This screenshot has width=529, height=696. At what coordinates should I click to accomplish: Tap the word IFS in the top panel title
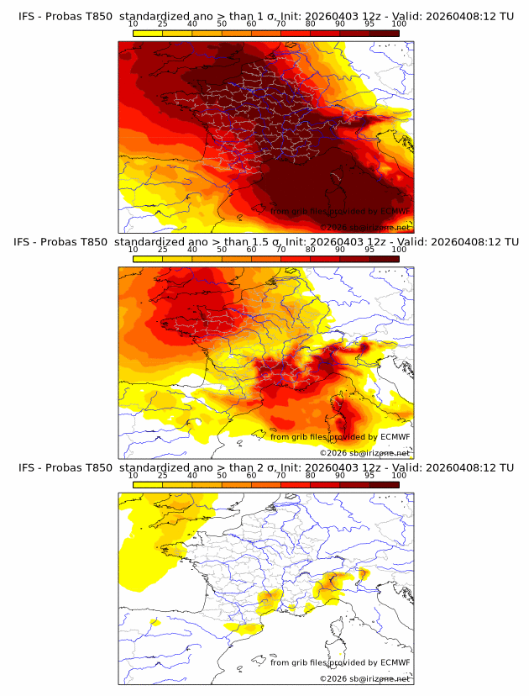click(x=28, y=16)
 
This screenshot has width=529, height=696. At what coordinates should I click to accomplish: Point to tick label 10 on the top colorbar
click(x=134, y=24)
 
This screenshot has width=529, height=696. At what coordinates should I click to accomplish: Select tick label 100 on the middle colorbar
click(x=399, y=250)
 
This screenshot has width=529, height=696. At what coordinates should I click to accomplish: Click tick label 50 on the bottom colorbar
click(x=222, y=475)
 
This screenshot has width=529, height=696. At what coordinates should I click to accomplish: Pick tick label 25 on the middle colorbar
click(x=163, y=250)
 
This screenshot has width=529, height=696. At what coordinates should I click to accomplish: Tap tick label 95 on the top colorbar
click(x=369, y=24)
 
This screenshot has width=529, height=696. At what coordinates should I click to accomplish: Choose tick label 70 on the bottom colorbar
click(x=280, y=475)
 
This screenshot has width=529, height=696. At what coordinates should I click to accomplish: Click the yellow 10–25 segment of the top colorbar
click(x=148, y=33)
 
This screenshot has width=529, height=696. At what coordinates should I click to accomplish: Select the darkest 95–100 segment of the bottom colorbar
click(x=384, y=484)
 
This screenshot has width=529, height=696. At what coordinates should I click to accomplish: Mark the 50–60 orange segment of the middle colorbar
click(x=236, y=259)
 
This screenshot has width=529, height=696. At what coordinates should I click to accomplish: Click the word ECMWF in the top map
click(x=393, y=211)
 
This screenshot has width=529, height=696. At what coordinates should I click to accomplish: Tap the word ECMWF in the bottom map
click(x=393, y=662)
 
